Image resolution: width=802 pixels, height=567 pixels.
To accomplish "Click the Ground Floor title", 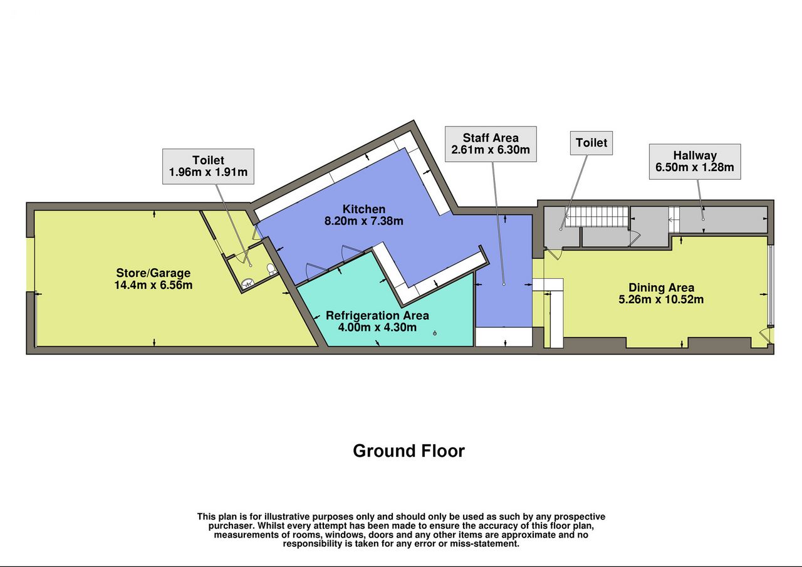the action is [409, 451].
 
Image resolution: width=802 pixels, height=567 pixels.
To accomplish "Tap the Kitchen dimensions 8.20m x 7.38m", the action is [364, 221].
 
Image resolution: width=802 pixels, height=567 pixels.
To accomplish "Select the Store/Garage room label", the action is [154, 273].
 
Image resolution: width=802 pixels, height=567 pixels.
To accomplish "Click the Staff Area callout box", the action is [491, 144].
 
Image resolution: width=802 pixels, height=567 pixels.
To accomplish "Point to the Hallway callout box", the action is [695, 162].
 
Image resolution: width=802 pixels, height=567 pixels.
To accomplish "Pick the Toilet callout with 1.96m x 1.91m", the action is [208, 167].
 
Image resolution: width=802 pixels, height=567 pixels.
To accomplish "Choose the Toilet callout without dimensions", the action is [591, 143].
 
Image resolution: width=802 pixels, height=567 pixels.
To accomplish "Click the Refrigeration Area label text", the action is [377, 316].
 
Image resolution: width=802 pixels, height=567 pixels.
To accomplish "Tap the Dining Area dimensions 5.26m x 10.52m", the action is [661, 299].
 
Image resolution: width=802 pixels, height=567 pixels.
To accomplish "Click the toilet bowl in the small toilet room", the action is [271, 269].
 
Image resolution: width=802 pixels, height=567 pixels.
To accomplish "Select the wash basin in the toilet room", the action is [247, 284].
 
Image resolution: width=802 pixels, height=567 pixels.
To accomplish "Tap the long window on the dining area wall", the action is [771, 285].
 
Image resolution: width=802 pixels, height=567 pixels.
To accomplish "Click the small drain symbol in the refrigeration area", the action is [435, 333].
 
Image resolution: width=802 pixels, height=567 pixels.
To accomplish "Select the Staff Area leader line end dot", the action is [504, 284].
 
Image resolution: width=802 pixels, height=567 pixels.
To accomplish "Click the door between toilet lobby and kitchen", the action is [257, 234].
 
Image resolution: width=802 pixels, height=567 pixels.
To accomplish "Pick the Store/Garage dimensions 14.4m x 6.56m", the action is [154, 285].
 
